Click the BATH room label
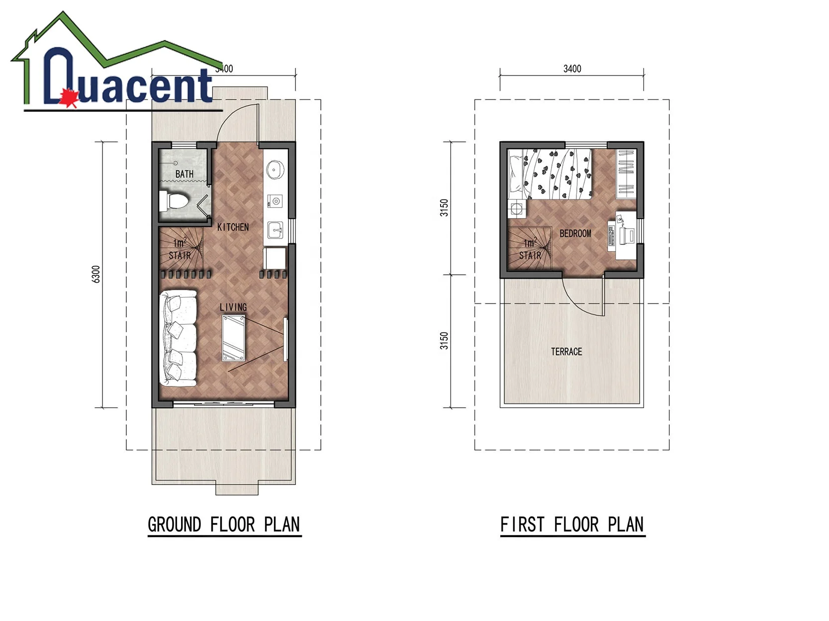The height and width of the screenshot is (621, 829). [184, 174]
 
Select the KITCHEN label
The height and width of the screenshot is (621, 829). [233, 227]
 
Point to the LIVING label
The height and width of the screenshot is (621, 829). [233, 308]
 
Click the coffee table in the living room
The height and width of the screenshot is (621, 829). [233, 338]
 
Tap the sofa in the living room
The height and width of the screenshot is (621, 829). [178, 338]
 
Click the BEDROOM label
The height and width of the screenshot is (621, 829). [575, 233]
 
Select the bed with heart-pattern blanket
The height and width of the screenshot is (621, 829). [550, 174]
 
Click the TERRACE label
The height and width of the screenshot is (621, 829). [566, 352]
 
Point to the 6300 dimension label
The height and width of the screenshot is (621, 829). [96, 274]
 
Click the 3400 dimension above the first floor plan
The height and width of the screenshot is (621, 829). [572, 69]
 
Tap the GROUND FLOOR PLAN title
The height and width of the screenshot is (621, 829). [224, 525]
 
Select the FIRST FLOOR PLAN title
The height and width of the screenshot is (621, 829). [572, 525]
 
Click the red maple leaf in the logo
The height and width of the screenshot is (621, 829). [69, 98]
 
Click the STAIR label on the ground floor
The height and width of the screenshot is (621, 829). [180, 256]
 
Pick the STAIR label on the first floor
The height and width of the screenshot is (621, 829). [530, 256]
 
